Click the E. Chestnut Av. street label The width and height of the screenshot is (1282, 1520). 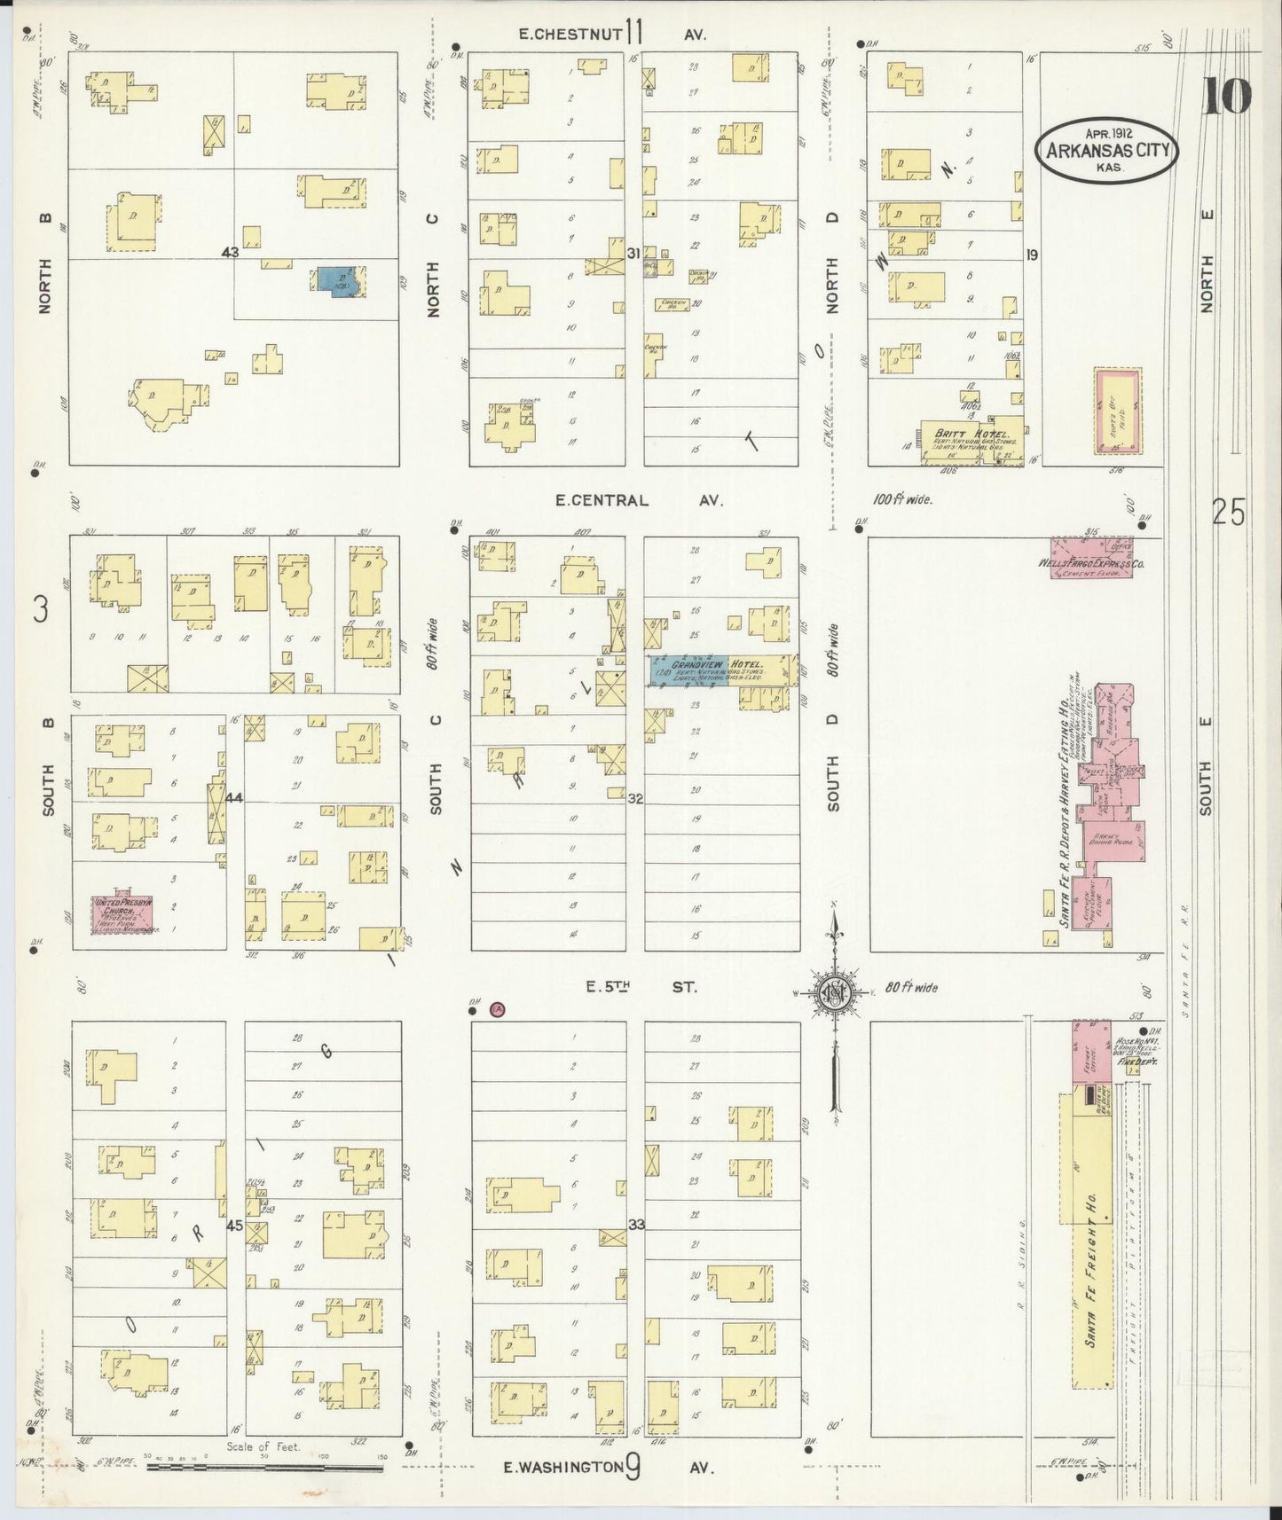(x=612, y=34)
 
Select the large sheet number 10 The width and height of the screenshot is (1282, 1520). (x=1227, y=97)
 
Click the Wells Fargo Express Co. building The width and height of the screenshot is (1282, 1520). (x=1090, y=559)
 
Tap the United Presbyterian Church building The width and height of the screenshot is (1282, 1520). (x=125, y=914)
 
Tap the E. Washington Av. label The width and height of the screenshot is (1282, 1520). (x=609, y=1468)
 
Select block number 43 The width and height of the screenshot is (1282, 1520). (x=231, y=253)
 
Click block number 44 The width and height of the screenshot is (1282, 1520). (x=234, y=797)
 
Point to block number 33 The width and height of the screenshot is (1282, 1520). (x=636, y=1225)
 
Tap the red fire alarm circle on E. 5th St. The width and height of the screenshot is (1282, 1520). (x=498, y=1008)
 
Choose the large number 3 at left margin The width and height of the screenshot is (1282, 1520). (x=40, y=609)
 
